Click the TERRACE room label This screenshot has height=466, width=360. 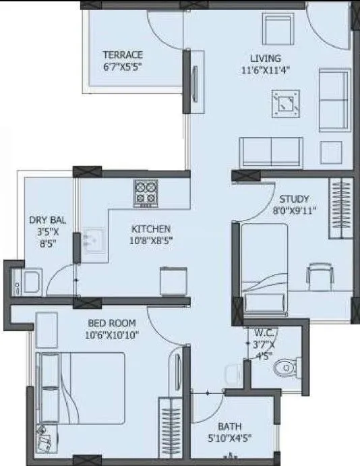[123, 55]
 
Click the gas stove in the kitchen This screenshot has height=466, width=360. [146, 192]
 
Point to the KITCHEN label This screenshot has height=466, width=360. [151, 229]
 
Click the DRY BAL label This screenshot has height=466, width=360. [47, 221]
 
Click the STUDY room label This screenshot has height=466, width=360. [295, 199]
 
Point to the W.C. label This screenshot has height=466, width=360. [264, 332]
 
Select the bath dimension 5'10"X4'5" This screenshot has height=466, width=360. [230, 438]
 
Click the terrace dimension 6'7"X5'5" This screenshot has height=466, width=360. [123, 66]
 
